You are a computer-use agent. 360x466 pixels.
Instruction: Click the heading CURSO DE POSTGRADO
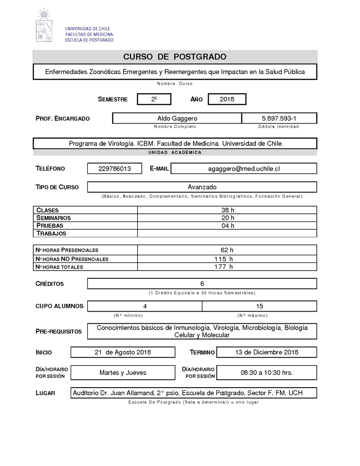[x=175, y=57]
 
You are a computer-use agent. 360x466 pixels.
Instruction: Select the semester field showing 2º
[x=154, y=99]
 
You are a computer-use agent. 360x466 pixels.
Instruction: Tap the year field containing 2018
[x=227, y=99]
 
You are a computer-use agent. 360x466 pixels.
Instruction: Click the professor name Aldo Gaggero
[x=177, y=118]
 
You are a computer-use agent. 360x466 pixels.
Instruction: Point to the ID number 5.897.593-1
[x=279, y=118]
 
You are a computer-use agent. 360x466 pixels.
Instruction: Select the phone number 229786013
[x=115, y=168]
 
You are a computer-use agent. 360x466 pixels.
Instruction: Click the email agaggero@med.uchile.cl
[x=244, y=168]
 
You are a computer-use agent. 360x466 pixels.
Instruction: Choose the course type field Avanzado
[x=202, y=187]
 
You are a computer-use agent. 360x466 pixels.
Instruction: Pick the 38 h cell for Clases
[x=227, y=210]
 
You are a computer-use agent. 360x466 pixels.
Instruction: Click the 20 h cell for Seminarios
[x=227, y=218]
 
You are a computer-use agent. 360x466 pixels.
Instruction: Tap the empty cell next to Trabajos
[x=227, y=233]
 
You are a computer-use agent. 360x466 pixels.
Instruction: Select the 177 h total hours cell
[x=224, y=267]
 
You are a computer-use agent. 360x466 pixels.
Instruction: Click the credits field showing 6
[x=202, y=284]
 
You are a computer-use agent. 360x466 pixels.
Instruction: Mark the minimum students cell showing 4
[x=145, y=306]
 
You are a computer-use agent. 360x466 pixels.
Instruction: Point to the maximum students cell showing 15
[x=259, y=306]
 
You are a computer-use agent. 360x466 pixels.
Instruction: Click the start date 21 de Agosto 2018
[x=123, y=352]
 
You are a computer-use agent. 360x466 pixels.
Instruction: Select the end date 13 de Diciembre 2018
[x=267, y=352]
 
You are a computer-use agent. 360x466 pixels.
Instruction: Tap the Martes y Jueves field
[x=123, y=372]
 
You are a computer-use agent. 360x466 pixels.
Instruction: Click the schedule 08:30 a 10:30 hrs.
[x=267, y=372]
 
